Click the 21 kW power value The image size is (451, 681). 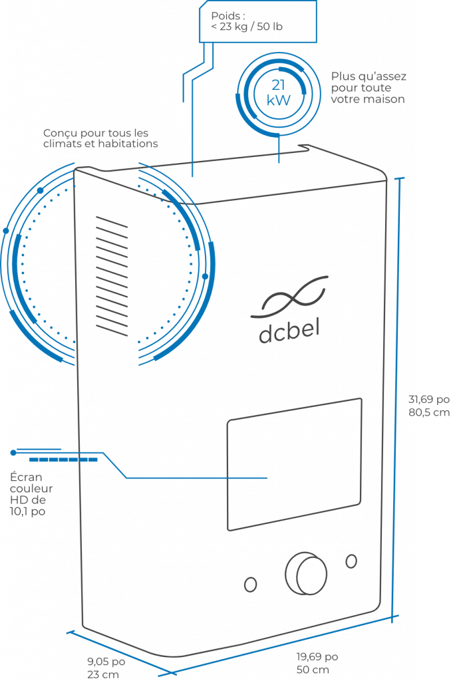point(279,92)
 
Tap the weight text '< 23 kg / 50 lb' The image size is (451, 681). point(246,27)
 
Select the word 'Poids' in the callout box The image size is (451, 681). point(225,16)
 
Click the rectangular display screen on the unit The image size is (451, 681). point(294,464)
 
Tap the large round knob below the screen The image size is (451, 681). point(306,574)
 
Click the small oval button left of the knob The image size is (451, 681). point(250,584)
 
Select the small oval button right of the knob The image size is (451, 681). point(351,561)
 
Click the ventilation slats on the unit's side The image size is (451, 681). point(112,276)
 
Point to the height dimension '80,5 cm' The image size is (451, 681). point(429,412)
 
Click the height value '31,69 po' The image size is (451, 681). point(429,399)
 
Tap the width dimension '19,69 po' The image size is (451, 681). point(317,656)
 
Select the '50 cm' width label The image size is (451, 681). point(313,670)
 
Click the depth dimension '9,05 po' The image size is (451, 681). point(106,662)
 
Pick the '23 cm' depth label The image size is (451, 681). point(102,674)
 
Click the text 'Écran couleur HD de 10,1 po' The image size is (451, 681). point(31,494)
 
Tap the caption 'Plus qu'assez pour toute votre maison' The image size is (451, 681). point(369,88)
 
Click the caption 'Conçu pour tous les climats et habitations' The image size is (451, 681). point(100,138)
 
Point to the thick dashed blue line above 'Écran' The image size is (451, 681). point(63,460)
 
